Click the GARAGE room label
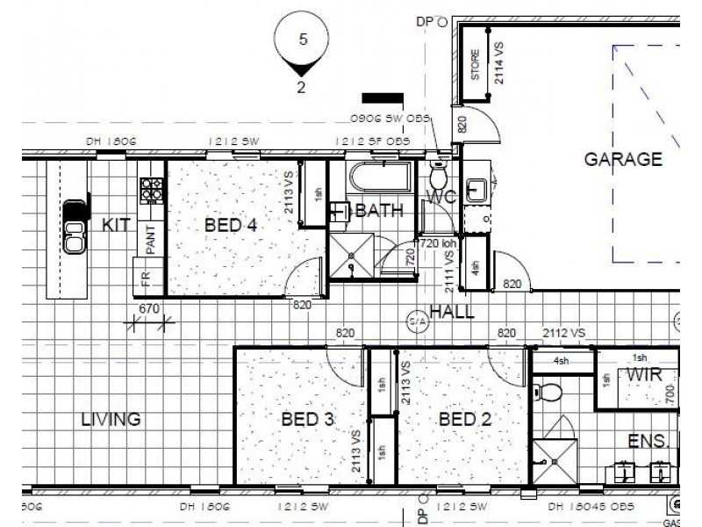[623, 159]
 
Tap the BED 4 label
[230, 226]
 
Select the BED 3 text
[307, 419]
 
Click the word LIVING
[111, 419]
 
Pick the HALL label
[452, 311]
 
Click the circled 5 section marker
[303, 40]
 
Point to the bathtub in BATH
[381, 177]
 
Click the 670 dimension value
[150, 307]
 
